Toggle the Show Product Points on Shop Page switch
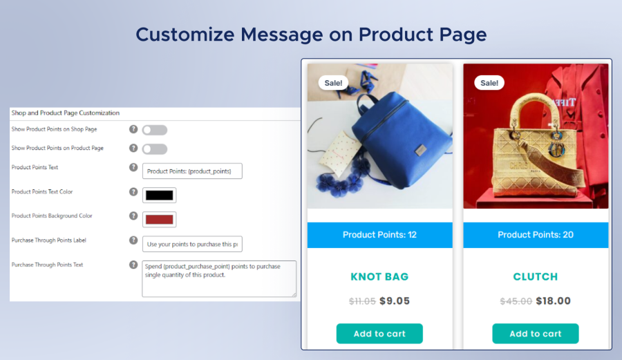154,129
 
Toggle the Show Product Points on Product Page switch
154,149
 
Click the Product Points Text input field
192,171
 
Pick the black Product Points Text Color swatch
159,195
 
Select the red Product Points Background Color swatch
159,219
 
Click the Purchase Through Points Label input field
192,244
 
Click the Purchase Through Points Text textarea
218,278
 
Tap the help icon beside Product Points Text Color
133,191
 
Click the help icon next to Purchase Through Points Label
133,240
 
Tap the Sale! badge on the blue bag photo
334,83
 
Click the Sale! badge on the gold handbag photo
489,83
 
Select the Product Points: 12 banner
379,235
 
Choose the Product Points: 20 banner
536,235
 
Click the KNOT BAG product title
379,276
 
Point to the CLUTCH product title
536,276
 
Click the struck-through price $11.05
362,301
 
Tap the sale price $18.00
554,301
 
